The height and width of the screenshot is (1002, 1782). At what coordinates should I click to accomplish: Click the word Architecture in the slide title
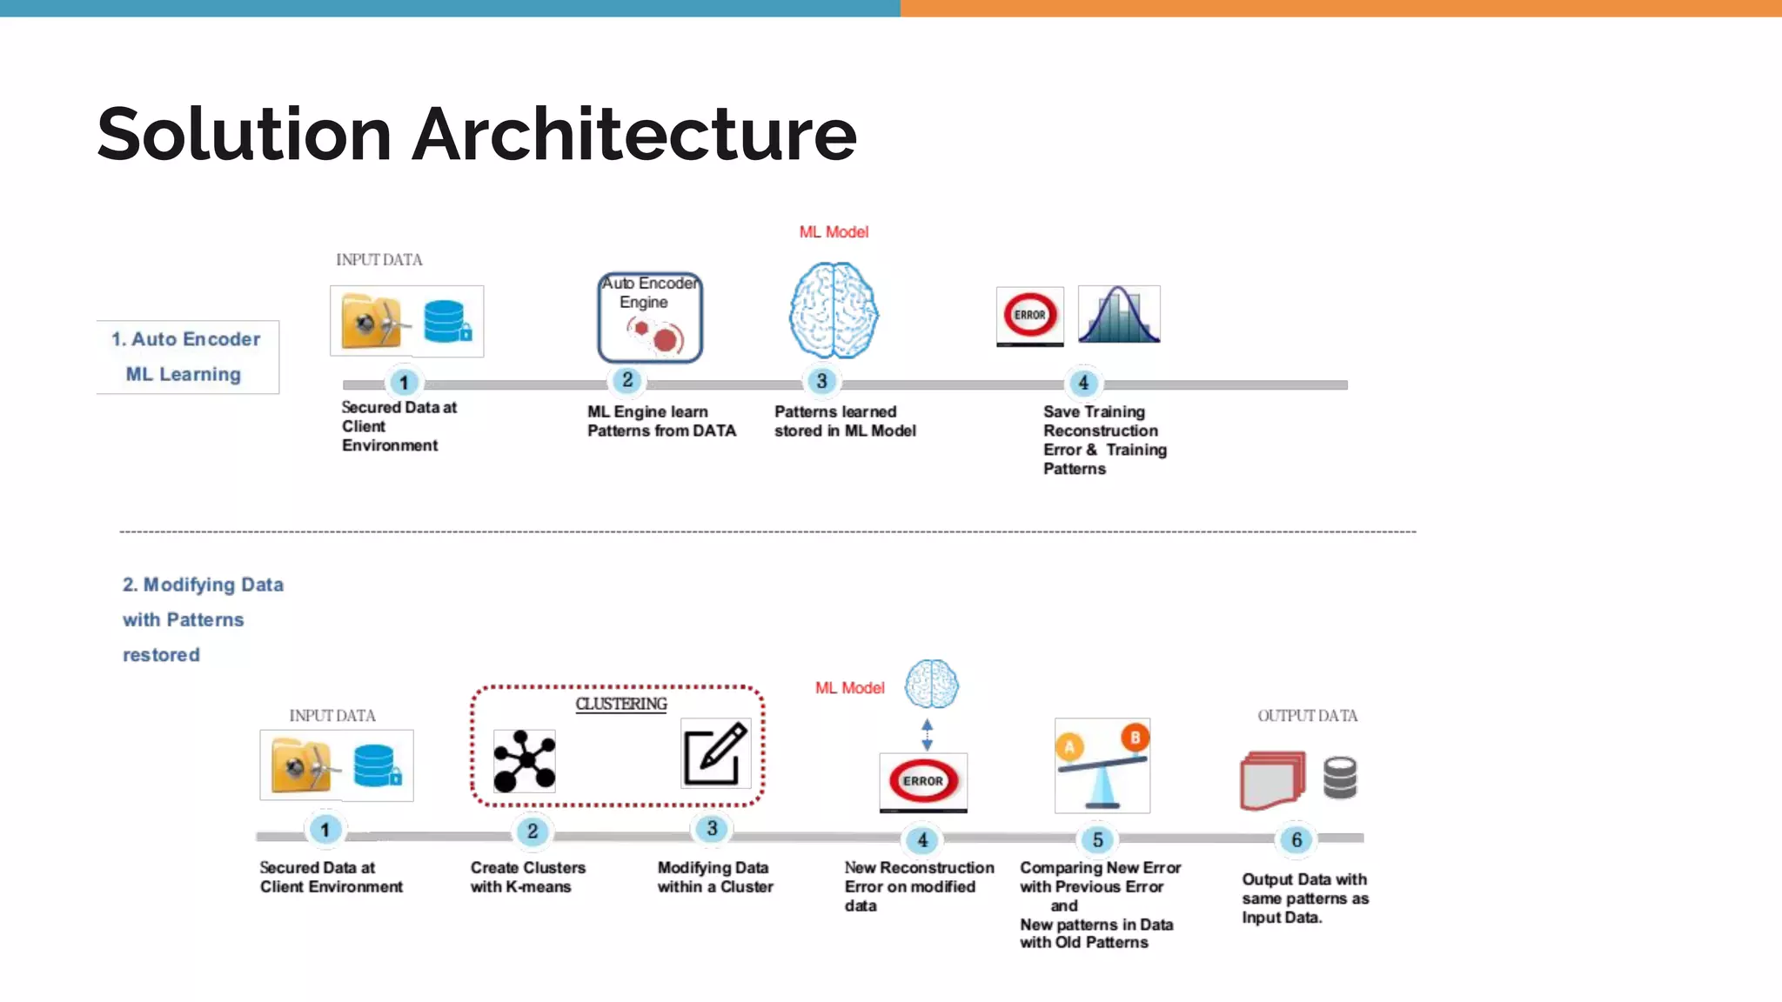pos(633,135)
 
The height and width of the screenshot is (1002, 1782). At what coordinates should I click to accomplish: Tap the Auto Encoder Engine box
pos(649,317)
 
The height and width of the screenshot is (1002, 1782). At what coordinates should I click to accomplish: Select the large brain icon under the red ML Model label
pos(834,311)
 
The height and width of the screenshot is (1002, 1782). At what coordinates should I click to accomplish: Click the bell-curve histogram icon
pos(1119,315)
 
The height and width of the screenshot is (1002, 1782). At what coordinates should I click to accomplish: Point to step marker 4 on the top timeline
pos(1083,383)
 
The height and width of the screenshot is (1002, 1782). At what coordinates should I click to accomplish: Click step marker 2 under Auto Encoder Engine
pos(627,380)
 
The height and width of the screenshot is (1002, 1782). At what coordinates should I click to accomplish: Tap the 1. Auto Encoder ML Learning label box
pos(186,357)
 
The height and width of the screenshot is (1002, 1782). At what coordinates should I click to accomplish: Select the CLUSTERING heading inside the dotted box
pos(620,704)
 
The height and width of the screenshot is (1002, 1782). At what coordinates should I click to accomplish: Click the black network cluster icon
pos(524,761)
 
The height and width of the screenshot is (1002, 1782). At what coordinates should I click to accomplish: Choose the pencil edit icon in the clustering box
pos(715,753)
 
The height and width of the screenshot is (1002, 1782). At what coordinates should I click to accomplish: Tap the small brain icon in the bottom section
pos(931,685)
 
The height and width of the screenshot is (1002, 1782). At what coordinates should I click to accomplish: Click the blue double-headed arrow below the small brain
pos(927,735)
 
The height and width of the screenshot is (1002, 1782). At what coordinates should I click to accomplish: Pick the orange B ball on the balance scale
pos(1135,738)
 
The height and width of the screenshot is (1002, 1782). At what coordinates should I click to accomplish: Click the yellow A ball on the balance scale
pos(1069,746)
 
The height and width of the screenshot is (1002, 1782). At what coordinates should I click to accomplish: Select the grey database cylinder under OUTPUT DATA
pos(1340,778)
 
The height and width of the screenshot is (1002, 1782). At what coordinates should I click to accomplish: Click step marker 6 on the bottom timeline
pos(1296,839)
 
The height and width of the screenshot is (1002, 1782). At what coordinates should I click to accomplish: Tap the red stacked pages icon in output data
pos(1272,780)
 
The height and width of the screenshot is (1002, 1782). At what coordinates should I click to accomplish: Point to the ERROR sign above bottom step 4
pos(923,780)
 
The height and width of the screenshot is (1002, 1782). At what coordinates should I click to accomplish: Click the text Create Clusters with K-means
pos(527,877)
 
